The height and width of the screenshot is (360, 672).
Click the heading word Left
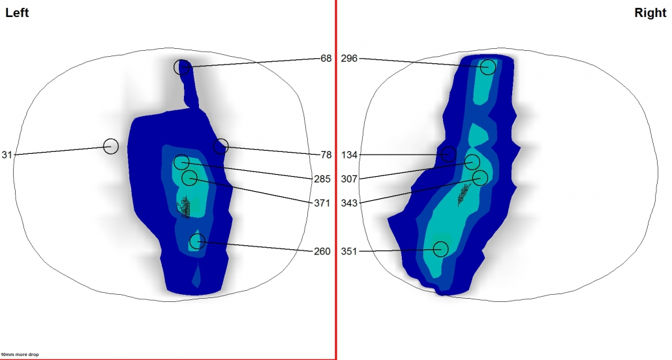17,13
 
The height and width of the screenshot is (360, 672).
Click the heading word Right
650,13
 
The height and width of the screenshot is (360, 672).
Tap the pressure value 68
326,58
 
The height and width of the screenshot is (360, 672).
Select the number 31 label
7,155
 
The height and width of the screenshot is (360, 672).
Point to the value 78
326,155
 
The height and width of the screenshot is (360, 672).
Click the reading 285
322,179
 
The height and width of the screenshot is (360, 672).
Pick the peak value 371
322,203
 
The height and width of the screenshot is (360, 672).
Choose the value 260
322,251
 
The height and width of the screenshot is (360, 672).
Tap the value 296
349,58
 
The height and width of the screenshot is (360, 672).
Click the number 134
349,155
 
